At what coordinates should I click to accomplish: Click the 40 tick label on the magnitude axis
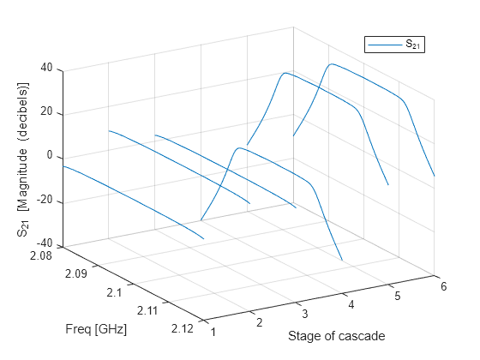[x=48, y=68]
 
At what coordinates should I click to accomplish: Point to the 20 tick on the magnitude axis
[x=48, y=112]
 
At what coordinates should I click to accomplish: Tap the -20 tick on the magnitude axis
[x=45, y=201]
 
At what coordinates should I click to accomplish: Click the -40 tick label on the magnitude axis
[x=45, y=245]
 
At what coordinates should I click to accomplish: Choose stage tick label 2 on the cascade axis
[x=257, y=321]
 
